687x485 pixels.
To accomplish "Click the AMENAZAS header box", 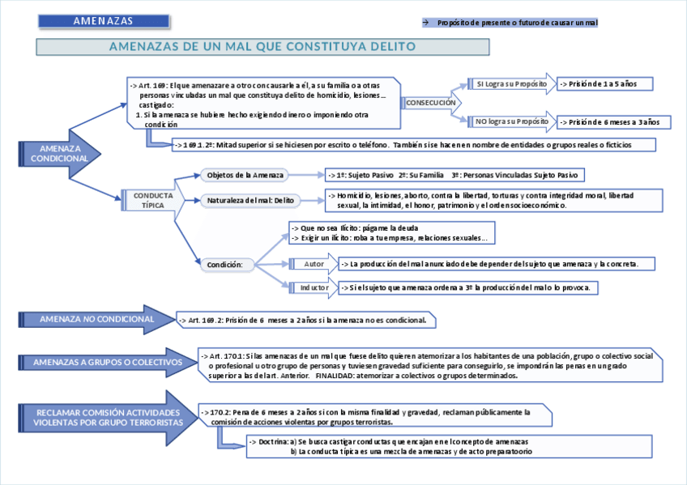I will (104, 21).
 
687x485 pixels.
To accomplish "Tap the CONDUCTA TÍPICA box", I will (152, 200).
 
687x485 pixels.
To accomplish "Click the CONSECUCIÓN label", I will (430, 104).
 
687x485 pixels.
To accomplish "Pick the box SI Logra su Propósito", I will (511, 83).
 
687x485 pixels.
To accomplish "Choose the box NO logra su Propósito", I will (511, 121).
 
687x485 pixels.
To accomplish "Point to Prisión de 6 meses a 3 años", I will (613, 122).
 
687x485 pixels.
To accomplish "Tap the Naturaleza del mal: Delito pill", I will (250, 200).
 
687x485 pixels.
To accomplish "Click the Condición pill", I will (230, 264).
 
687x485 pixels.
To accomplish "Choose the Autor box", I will (314, 264).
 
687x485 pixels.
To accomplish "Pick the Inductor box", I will (314, 287).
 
